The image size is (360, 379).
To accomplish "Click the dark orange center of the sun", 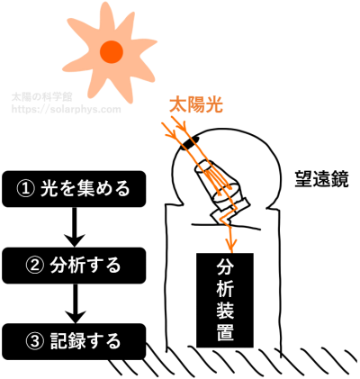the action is click(x=112, y=51).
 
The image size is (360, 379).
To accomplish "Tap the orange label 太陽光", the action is click(x=196, y=105).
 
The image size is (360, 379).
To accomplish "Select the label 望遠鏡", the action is click(x=321, y=179).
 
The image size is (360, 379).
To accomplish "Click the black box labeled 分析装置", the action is click(x=225, y=300).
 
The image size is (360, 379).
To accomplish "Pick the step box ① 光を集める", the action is click(x=74, y=189).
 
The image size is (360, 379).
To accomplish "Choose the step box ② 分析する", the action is click(x=74, y=266).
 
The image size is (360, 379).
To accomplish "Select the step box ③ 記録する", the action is click(x=74, y=341).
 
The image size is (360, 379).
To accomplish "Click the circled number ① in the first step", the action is click(x=25, y=189).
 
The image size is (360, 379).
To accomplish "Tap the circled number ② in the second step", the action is click(x=34, y=266).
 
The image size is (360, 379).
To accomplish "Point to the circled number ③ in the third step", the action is click(x=34, y=341).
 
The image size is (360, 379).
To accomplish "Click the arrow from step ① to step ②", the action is click(x=75, y=227).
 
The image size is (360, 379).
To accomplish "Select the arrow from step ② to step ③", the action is click(x=75, y=303).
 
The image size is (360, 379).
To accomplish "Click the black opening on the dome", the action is click(x=190, y=141).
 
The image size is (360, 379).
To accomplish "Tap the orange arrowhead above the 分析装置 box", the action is click(x=231, y=245).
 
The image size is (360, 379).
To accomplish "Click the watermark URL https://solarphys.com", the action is click(x=67, y=109).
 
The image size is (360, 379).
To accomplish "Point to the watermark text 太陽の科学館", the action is click(x=42, y=96).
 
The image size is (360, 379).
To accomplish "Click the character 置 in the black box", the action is click(x=225, y=332).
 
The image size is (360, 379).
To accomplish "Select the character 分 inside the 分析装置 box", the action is click(x=225, y=266).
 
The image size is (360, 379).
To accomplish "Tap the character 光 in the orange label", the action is click(x=214, y=105).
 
